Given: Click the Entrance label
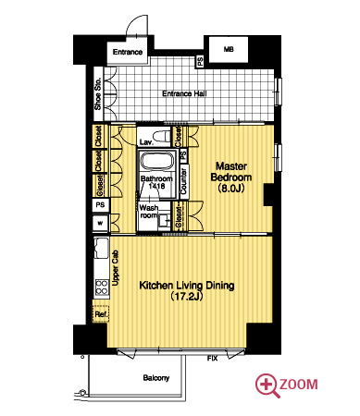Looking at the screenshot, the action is point(128,52).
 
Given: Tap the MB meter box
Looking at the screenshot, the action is point(229,49).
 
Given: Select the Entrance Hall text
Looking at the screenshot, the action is point(184,93).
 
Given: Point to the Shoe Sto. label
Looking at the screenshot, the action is point(98,94).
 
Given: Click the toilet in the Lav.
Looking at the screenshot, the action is point(162,136).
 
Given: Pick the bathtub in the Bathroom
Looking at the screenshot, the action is point(156,161).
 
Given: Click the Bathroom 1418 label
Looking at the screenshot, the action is point(156,182).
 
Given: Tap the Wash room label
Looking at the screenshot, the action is point(149,212).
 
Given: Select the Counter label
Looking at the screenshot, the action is point(184,181).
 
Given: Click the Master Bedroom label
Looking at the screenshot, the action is point(231,172).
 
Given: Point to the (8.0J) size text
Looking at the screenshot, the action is point(231,188).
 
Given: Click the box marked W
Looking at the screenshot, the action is point(101,223).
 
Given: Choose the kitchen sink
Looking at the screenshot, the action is point(101,248).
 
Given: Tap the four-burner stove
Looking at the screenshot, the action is point(102,288).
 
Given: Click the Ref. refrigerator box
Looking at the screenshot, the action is point(101,313).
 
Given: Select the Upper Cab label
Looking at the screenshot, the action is point(116,268).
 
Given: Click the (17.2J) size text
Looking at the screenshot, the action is point(186,297).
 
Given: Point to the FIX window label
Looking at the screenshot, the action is point(212,359).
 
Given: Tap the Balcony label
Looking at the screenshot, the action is point(156,378).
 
